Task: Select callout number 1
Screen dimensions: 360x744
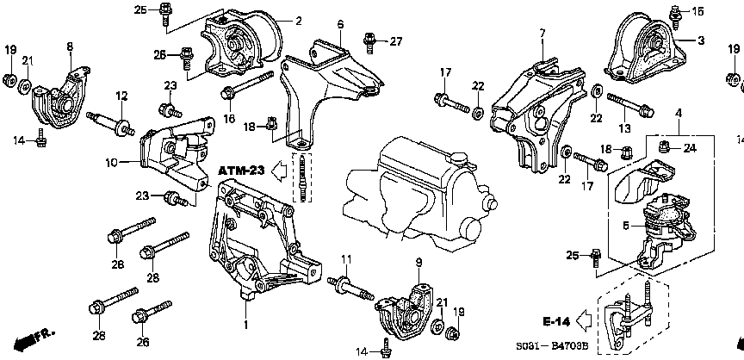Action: tap(246, 324)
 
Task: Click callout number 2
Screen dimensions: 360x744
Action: tap(298, 20)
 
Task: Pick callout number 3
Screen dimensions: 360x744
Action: tap(702, 40)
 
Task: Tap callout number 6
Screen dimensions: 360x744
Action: tap(340, 24)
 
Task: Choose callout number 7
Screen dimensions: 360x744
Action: tap(542, 34)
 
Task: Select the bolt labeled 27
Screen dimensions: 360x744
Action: tap(370, 39)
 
